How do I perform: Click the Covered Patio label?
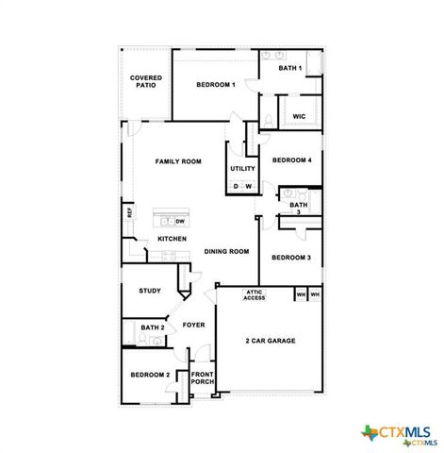click(145, 81)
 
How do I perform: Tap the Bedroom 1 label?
click(215, 85)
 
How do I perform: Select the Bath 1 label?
click(290, 68)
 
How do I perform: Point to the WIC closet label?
click(299, 116)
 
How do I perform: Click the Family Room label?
click(178, 162)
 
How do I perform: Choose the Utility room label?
click(242, 169)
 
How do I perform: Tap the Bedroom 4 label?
click(291, 160)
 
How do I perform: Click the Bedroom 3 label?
click(291, 257)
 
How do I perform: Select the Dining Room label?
click(226, 251)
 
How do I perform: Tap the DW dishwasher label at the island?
click(179, 221)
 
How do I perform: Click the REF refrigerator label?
click(128, 213)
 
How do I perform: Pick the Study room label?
click(149, 291)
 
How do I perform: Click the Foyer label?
click(193, 325)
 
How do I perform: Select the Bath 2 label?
click(153, 327)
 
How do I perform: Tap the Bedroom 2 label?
click(150, 375)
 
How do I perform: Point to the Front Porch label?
click(203, 378)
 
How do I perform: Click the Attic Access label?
click(255, 295)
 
